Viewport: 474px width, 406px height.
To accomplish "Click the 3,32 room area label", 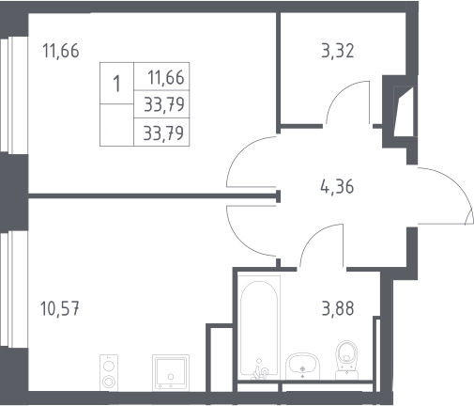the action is pos(338,52).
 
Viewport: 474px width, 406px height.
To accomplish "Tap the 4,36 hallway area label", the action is pos(337,187).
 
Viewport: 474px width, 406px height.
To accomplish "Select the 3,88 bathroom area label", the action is pos(338,308).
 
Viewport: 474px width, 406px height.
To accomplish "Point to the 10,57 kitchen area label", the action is pos(60,308).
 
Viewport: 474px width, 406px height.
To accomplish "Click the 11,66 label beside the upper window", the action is pos(61,51).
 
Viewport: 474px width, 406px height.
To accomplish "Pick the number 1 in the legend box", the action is pos(116,84).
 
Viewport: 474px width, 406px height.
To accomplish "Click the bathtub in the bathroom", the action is pos(259,327).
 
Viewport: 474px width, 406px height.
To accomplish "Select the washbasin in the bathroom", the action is pos(302,366).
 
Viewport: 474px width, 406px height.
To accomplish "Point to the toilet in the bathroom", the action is pos(346,360).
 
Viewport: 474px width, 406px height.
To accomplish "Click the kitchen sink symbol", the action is pos(171,373).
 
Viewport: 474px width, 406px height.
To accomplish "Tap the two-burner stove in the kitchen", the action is pos(109,373).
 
